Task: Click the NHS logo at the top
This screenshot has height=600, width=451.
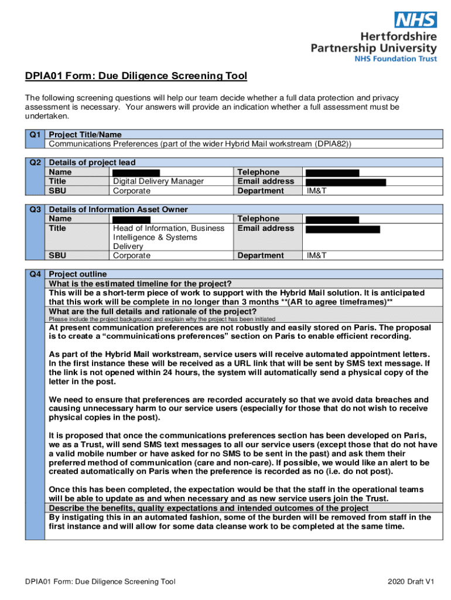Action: pos(415,21)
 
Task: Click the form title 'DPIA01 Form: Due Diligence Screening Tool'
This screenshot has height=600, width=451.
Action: pos(136,76)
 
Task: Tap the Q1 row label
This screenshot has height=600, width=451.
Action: pos(35,135)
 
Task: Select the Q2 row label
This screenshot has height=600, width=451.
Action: pos(35,162)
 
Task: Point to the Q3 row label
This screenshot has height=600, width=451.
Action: pos(35,209)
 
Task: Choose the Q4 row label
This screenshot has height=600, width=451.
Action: pos(35,274)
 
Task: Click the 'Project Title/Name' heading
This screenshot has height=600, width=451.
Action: pos(85,135)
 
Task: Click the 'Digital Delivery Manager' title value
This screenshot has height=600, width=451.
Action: pos(158,182)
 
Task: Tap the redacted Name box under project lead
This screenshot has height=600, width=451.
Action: pos(136,172)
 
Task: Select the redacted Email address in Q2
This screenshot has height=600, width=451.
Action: pos(346,182)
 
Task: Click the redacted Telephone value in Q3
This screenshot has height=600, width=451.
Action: pos(333,219)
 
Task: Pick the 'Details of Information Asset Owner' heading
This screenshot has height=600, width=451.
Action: pos(118,209)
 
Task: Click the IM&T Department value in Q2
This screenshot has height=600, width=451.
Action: pos(316,191)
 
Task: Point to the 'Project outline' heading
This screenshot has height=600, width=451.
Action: pos(78,274)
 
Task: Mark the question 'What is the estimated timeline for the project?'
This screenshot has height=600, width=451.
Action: pos(140,284)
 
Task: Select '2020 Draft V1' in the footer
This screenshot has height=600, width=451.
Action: pos(411,582)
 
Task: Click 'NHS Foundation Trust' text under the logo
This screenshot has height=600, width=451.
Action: pos(395,59)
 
